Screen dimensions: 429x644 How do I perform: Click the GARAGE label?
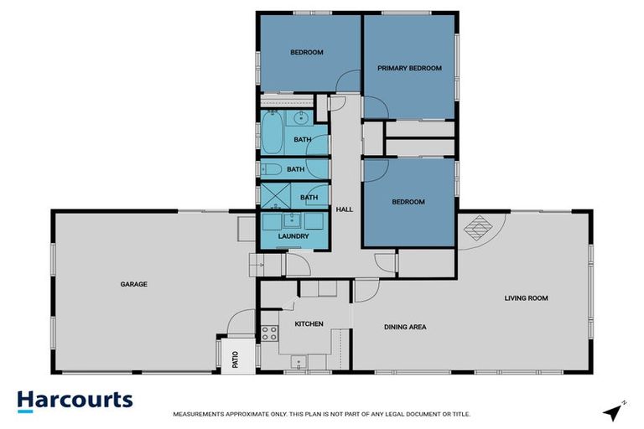pos(133,284)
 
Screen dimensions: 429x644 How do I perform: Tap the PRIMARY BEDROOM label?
pos(409,68)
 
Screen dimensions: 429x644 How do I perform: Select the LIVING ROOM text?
pos(527,297)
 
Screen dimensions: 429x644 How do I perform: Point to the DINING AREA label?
pos(405,327)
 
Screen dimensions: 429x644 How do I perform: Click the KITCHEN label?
pos(309,323)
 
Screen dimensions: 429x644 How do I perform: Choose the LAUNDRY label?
pos(293,236)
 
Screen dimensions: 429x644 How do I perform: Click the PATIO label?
pos(235,357)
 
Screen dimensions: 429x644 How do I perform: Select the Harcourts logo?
pos(75,400)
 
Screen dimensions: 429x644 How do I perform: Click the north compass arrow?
pos(615,411)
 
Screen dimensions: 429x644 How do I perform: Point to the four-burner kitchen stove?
pos(269,333)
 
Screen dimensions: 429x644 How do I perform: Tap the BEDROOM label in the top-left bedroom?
pos(307,53)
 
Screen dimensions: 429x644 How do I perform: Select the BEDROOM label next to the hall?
pos(408,202)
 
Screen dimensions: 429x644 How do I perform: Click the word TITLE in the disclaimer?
pos(460,414)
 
